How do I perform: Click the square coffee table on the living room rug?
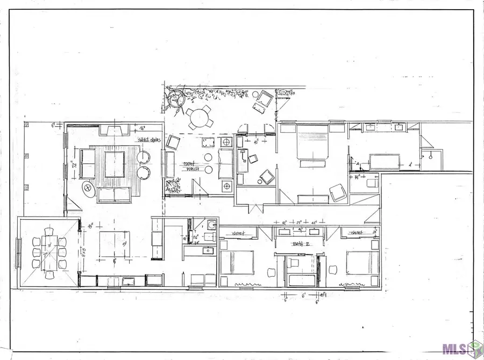[x=115, y=164]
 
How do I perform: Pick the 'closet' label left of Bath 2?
[x=239, y=233]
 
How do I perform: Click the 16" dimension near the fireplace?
[x=143, y=129]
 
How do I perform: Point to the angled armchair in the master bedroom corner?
[x=338, y=192]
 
